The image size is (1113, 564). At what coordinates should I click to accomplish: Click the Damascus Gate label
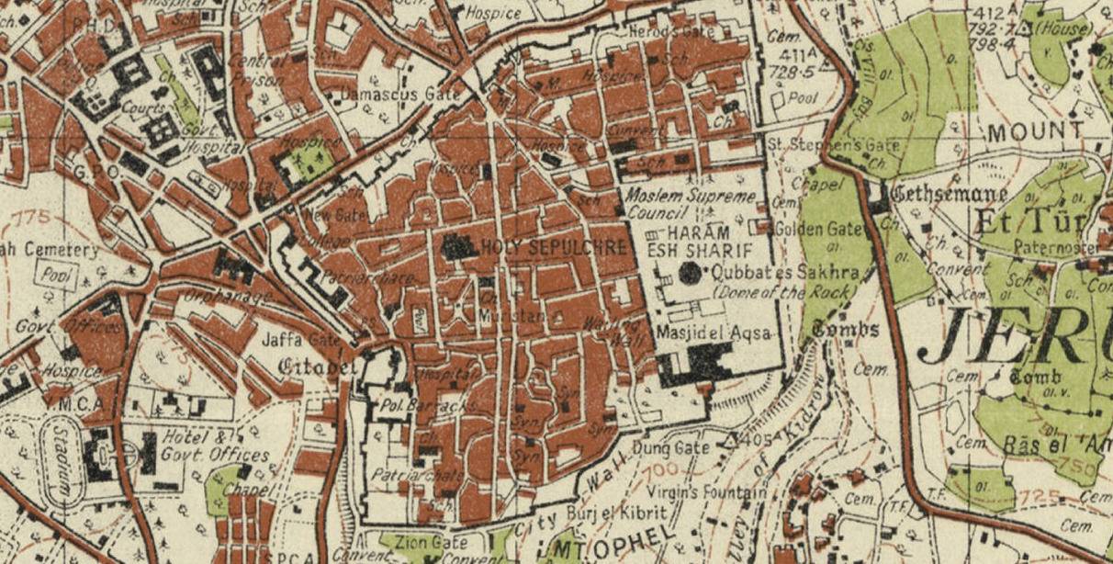pyautogui.click(x=391, y=95)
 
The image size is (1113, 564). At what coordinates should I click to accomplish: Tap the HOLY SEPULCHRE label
pyautogui.click(x=554, y=246)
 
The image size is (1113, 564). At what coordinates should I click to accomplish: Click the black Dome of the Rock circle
pyautogui.click(x=691, y=272)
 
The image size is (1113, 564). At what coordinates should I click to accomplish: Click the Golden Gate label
pyautogui.click(x=818, y=229)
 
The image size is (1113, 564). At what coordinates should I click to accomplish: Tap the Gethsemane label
pyautogui.click(x=949, y=196)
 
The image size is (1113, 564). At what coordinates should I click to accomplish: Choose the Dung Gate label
pyautogui.click(x=671, y=447)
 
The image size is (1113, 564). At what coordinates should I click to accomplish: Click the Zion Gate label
pyautogui.click(x=423, y=542)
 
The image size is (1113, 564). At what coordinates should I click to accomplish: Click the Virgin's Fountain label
pyautogui.click(x=708, y=493)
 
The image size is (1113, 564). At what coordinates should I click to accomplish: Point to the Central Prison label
pyautogui.click(x=255, y=69)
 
